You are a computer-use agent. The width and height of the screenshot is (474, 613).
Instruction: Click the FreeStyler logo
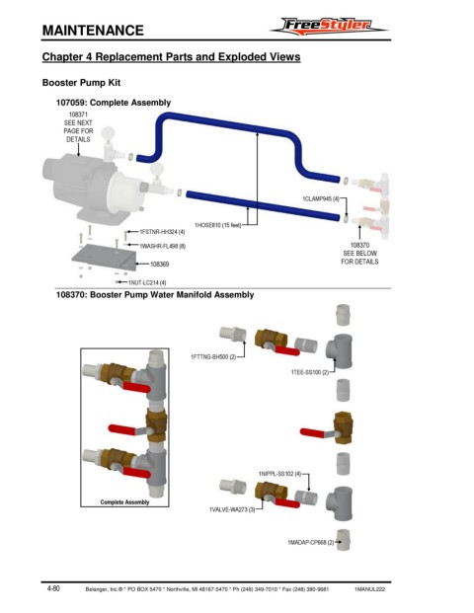[x=329, y=27]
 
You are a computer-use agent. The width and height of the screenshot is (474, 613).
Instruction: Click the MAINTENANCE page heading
[x=93, y=31]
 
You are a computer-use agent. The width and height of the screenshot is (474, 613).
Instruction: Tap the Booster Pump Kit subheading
[x=81, y=83]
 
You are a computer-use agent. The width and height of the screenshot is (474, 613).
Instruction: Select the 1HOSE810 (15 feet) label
[x=218, y=225]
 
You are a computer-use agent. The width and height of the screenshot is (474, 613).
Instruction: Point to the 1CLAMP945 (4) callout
[x=321, y=199]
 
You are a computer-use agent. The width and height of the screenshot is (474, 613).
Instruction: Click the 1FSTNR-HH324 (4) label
[x=162, y=232]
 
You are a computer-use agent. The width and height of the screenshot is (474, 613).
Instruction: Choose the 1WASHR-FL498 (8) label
[x=163, y=247]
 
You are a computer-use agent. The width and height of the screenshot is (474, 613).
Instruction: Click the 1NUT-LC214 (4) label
[x=147, y=282]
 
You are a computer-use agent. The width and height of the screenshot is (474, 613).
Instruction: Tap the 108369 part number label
[x=160, y=265]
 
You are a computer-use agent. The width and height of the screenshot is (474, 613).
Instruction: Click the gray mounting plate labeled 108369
[x=104, y=257]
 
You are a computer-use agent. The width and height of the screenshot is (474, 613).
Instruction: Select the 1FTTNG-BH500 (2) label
[x=213, y=357]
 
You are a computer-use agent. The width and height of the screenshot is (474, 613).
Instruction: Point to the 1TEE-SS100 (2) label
[x=310, y=372]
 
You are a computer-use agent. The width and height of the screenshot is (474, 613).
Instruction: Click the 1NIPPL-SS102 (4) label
[x=279, y=474]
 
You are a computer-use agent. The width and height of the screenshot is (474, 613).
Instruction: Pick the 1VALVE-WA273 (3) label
[x=232, y=510]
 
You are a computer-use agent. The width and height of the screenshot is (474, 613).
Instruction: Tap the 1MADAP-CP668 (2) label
[x=311, y=543]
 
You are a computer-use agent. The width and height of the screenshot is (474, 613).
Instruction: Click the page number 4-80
[x=53, y=588]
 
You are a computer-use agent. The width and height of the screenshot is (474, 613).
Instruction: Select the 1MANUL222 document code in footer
[x=369, y=589]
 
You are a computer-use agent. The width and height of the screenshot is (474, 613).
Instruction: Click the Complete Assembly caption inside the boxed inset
[x=124, y=502]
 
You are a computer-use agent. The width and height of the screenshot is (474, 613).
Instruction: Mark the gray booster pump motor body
[x=80, y=184]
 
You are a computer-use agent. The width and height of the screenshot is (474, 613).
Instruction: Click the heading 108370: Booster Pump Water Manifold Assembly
[x=155, y=295]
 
